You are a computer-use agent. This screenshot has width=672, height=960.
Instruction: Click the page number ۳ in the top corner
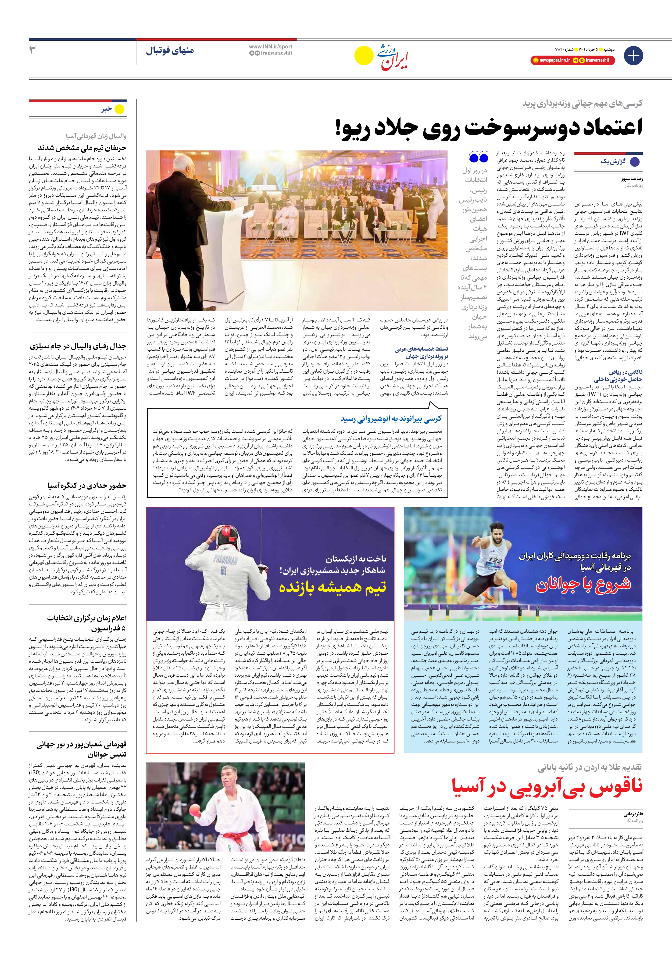pyautogui.click(x=32, y=50)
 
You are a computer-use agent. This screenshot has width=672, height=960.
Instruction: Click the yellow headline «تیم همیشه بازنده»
pyautogui.click(x=333, y=587)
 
